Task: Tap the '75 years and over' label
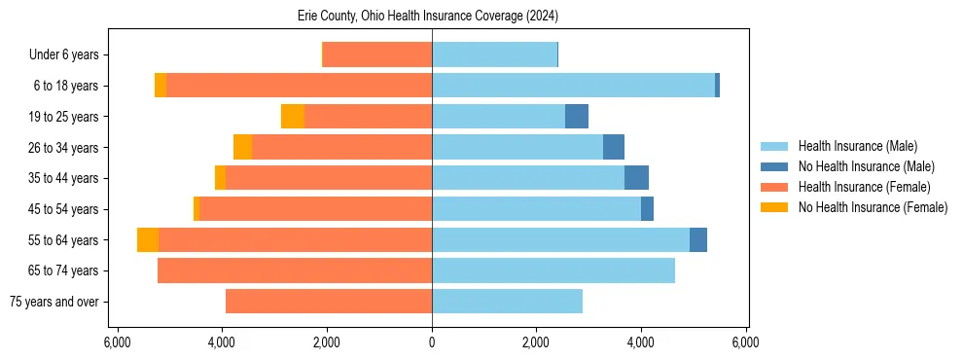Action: (53, 302)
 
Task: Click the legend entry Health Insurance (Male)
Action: (857, 146)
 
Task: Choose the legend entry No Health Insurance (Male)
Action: (866, 166)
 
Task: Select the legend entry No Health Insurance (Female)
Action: (873, 207)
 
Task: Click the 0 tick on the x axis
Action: (432, 343)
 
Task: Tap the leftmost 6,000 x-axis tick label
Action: (117, 343)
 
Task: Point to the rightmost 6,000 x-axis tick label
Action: (746, 343)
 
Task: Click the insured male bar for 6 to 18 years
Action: (573, 86)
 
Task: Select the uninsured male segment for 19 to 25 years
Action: (577, 117)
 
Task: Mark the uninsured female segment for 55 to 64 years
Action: (148, 240)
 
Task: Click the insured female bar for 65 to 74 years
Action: (295, 270)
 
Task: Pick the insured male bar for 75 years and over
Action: (507, 302)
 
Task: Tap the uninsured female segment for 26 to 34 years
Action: (242, 148)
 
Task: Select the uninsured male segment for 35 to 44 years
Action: (636, 178)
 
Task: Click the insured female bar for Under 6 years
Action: (377, 55)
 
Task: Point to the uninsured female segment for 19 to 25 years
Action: (293, 117)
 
